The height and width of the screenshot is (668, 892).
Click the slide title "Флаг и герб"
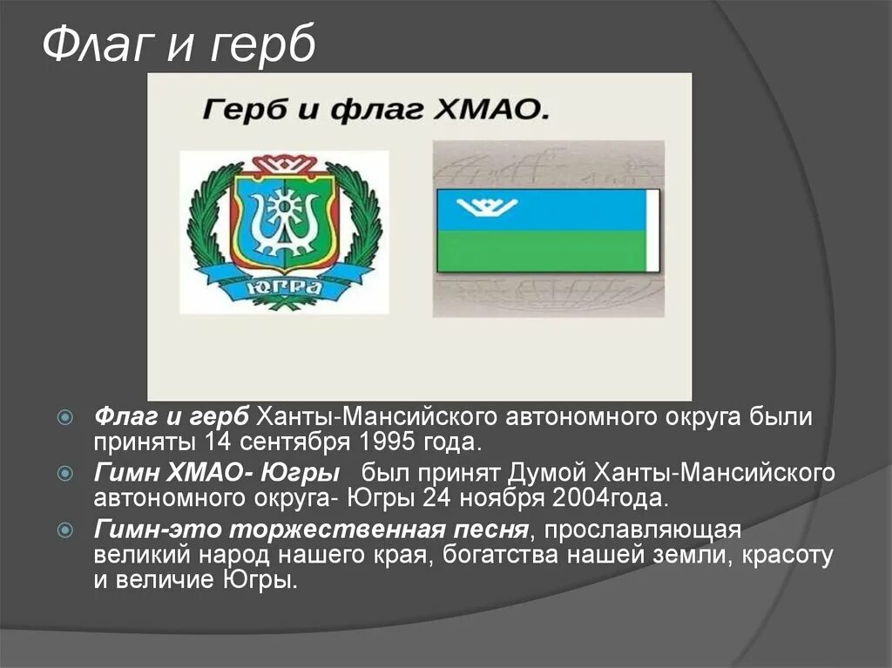coord(179,45)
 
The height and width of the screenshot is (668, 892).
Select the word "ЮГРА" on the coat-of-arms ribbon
coord(281,288)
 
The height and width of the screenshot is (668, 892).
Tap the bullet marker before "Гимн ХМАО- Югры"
coord(64,474)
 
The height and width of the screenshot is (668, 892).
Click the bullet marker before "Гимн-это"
coord(64,530)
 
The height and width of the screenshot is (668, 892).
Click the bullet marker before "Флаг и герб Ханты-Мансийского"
coord(64,416)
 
